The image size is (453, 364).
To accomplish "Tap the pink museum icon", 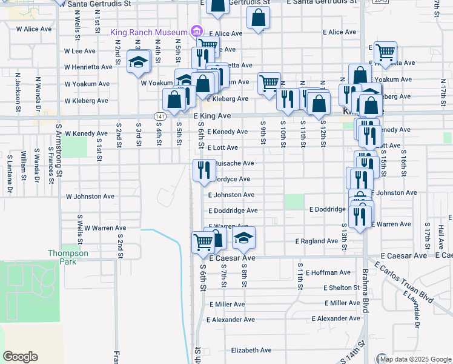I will (x=196, y=31).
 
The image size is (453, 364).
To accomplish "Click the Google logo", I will (x=20, y=356).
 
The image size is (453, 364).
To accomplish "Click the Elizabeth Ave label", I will (x=251, y=350).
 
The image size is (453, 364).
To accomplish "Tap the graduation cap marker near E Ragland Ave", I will (x=243, y=238).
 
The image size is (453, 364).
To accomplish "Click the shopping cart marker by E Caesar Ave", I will (x=203, y=243).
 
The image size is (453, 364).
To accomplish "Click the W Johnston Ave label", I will (x=90, y=197).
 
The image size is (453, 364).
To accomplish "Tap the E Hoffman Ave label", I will (x=328, y=273).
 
